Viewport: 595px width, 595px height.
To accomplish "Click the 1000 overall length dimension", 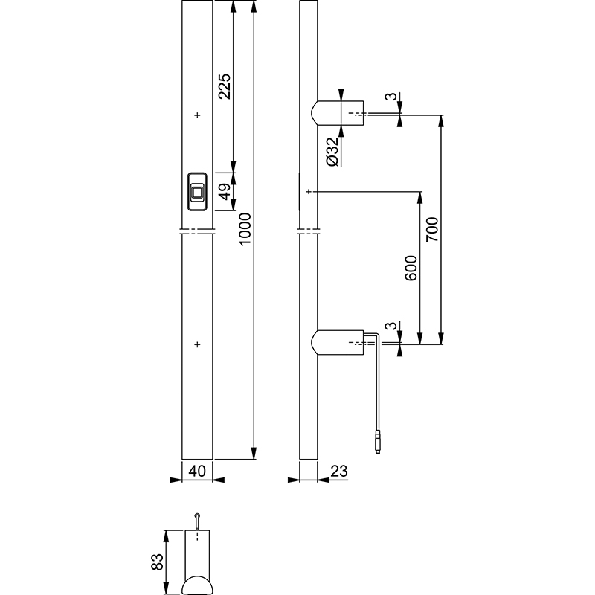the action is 245,229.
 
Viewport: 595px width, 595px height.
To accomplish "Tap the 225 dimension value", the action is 225,86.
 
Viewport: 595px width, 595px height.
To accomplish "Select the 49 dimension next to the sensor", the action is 225,192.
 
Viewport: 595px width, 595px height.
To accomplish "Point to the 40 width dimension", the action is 197,471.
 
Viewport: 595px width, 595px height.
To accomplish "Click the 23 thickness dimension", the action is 339,471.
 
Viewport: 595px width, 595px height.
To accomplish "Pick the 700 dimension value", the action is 432,229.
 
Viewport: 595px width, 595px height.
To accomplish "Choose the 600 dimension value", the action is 411,268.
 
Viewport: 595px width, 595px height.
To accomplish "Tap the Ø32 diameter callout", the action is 332,152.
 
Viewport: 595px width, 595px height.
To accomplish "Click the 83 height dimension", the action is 157,562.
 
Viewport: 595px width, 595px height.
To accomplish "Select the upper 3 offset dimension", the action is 391,97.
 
